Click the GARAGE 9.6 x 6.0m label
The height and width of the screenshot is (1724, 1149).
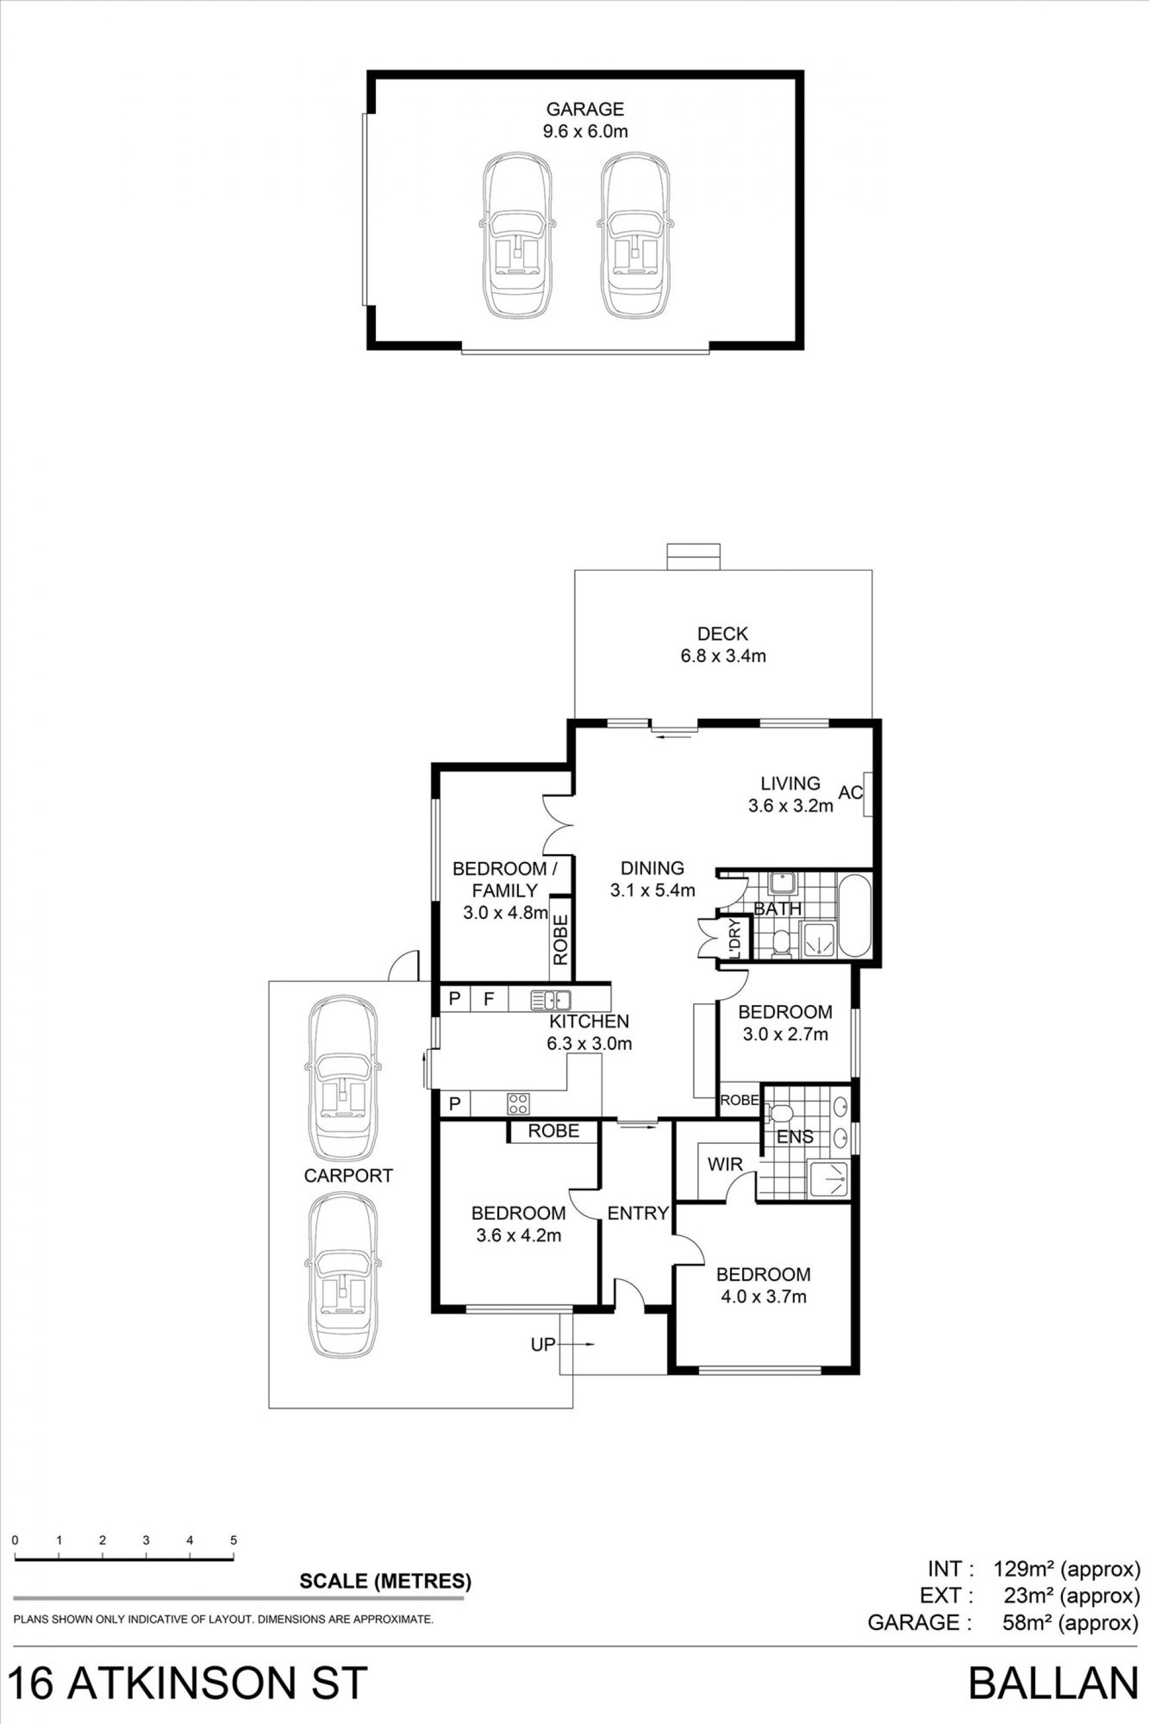(x=585, y=120)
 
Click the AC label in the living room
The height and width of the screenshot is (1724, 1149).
(x=850, y=793)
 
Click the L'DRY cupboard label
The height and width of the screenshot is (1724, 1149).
(x=735, y=940)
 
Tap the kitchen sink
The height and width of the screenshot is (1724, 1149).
(x=551, y=999)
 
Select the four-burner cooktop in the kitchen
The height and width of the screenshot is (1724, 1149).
(x=519, y=1103)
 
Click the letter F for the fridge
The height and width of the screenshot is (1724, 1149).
(x=489, y=998)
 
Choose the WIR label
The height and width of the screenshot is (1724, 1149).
(x=725, y=1164)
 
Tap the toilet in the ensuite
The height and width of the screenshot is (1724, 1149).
(x=779, y=1114)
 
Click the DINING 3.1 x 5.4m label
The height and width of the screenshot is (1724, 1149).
(x=652, y=879)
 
